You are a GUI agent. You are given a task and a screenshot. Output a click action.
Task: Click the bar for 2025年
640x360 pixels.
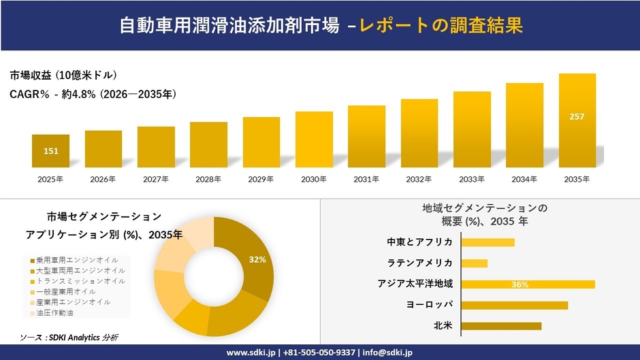click(x=50, y=151)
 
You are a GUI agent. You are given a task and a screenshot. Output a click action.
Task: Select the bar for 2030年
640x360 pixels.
click(x=314, y=140)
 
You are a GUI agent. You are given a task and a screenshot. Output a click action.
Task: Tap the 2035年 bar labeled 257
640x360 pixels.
click(x=577, y=120)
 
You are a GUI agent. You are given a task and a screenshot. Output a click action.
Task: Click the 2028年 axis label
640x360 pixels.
click(x=208, y=180)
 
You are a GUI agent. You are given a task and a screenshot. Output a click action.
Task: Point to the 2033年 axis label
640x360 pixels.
click(x=472, y=180)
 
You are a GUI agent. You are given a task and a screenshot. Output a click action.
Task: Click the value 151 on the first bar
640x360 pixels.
click(x=50, y=151)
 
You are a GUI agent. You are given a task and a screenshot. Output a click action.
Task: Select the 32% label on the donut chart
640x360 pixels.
click(x=257, y=259)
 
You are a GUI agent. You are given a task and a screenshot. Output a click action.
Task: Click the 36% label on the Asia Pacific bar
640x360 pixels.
click(x=519, y=284)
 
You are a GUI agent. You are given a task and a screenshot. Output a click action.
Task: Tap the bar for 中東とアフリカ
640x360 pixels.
click(x=487, y=242)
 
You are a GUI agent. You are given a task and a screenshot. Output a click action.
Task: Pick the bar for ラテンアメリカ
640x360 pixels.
click(x=475, y=263)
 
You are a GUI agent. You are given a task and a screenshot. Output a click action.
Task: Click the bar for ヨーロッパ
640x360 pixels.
click(x=514, y=305)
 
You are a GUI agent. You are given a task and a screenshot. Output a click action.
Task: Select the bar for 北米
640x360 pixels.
click(x=501, y=326)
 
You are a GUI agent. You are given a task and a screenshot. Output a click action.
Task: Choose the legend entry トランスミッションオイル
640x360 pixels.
click(x=76, y=280)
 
